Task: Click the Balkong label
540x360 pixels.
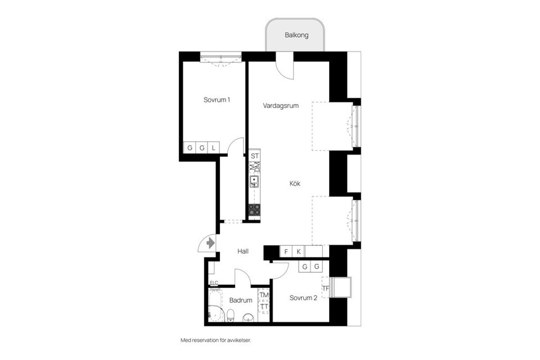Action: click(296, 34)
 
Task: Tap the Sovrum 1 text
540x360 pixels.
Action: click(217, 100)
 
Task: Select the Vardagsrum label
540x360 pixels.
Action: click(280, 105)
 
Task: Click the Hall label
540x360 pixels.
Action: click(242, 251)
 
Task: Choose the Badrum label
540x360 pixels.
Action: click(240, 300)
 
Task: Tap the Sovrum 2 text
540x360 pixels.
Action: click(303, 298)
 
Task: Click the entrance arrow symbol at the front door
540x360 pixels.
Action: click(210, 243)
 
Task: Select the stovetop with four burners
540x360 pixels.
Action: click(254, 210)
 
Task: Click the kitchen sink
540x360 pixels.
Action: click(254, 181)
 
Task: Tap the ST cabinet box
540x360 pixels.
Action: click(255, 156)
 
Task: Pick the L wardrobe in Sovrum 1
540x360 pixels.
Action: click(214, 148)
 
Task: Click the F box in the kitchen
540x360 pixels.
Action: click(286, 251)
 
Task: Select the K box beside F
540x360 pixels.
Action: click(299, 251)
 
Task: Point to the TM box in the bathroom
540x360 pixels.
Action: click(264, 295)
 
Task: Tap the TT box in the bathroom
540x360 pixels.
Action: click(264, 307)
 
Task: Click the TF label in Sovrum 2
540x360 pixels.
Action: click(326, 289)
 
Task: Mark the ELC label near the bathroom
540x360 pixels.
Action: click(214, 283)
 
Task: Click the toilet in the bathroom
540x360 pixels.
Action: click(231, 315)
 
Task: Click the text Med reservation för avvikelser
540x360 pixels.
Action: click(215, 340)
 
